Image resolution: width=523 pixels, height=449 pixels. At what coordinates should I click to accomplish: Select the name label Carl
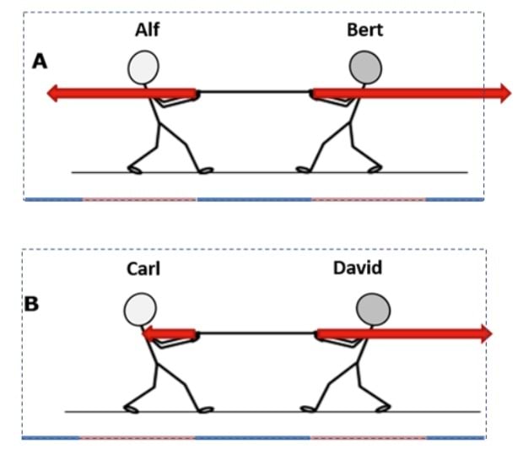(144, 270)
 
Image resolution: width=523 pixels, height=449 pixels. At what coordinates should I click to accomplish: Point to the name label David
(357, 270)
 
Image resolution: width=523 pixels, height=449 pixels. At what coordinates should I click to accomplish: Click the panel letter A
(39, 62)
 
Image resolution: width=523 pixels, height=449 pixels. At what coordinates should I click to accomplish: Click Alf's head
(144, 67)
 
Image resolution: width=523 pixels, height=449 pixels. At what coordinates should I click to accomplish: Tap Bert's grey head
(364, 67)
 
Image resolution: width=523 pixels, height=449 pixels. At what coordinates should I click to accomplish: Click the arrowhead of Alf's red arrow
(54, 93)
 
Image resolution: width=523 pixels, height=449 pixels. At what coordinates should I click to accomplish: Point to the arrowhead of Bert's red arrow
(504, 93)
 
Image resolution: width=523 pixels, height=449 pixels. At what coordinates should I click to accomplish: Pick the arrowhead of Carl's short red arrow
(148, 334)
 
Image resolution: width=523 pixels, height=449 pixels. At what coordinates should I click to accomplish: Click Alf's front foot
(205, 170)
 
